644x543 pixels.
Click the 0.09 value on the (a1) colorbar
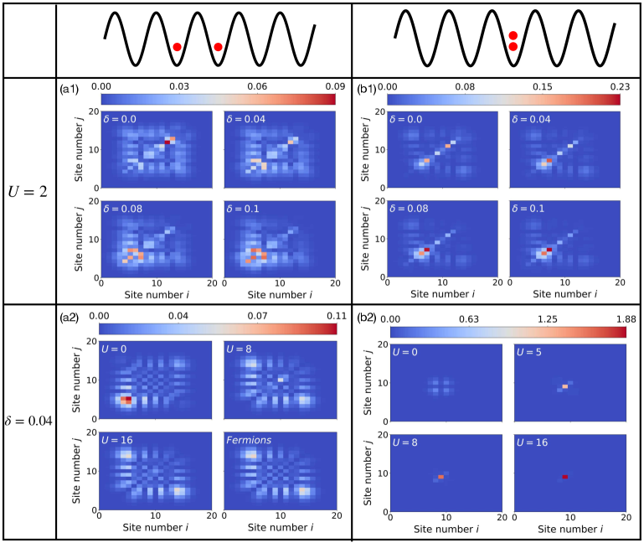pyautogui.click(x=335, y=85)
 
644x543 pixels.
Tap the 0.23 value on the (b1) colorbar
pyautogui.click(x=621, y=85)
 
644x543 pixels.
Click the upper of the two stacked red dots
pyautogui.click(x=513, y=35)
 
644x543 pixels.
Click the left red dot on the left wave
pyautogui.click(x=177, y=47)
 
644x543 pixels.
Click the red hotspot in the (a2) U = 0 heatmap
pyautogui.click(x=126, y=400)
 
